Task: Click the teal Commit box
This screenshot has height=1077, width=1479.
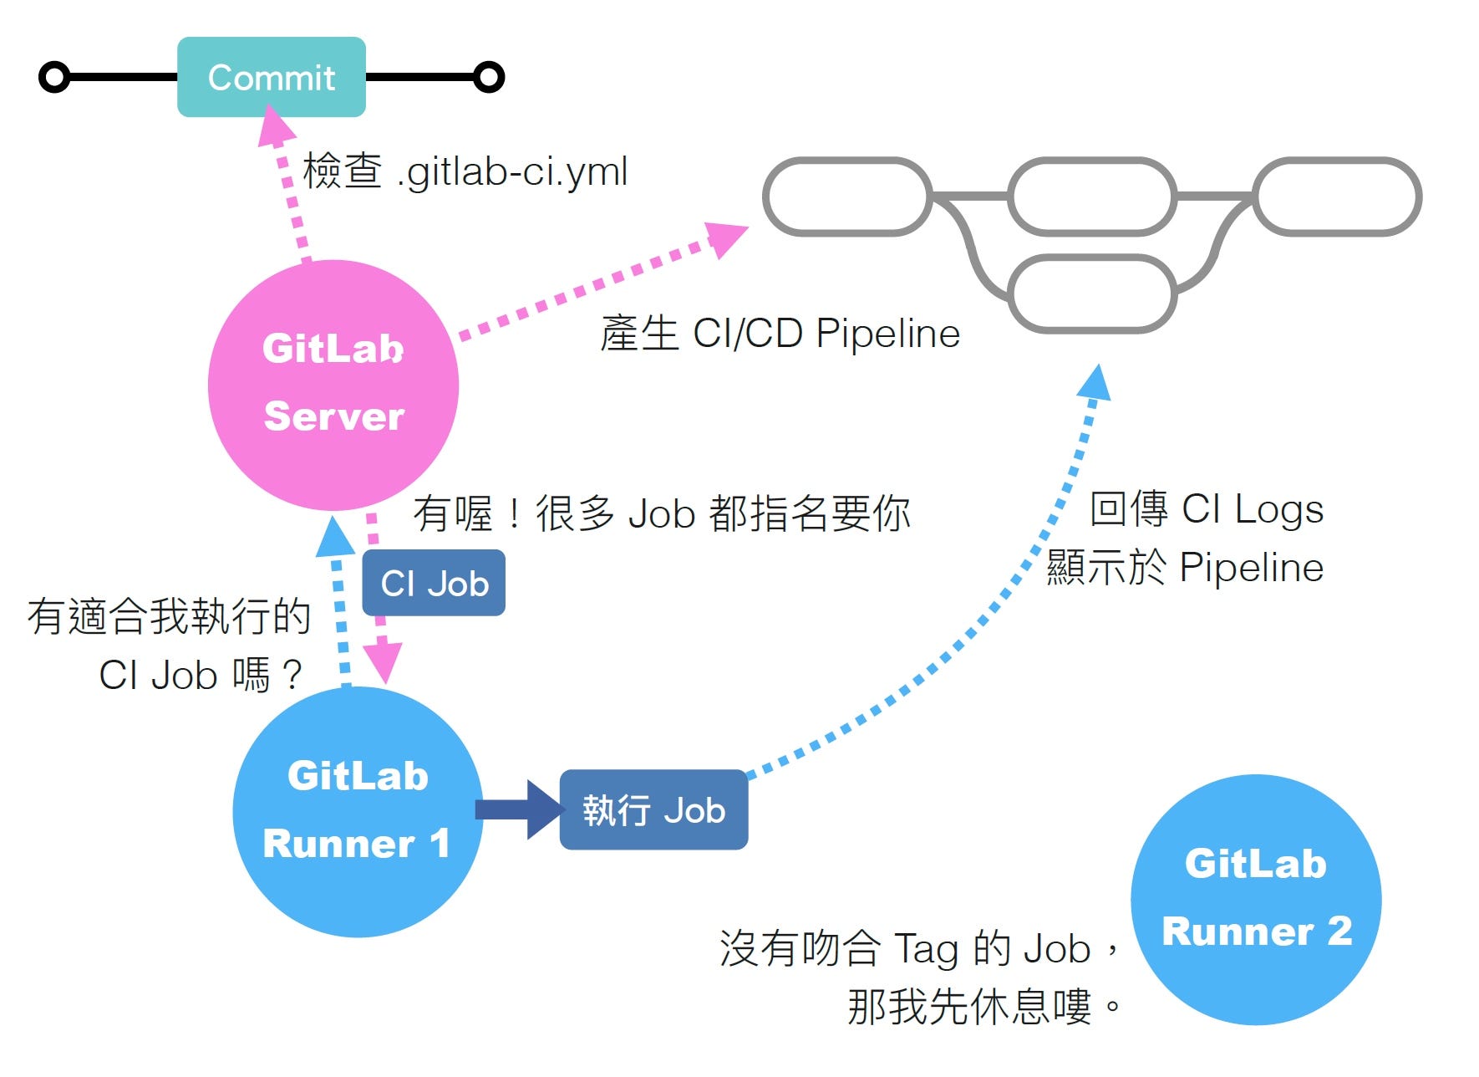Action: point(272,77)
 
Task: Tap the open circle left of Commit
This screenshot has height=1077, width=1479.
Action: point(54,78)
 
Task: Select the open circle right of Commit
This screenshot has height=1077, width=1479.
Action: point(489,77)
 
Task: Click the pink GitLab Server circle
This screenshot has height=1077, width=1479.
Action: point(333,385)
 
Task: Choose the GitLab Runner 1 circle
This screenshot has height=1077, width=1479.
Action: point(358,811)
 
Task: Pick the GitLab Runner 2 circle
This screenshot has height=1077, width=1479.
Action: point(1256,900)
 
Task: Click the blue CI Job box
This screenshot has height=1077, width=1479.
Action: point(434,583)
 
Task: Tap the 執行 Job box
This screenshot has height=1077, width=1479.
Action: point(653,809)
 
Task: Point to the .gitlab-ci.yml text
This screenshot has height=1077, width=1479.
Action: point(512,172)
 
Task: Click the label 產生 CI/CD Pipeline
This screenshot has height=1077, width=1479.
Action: point(780,333)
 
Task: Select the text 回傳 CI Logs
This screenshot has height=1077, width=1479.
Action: point(1207,509)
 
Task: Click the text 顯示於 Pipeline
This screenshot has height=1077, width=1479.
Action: point(1185,567)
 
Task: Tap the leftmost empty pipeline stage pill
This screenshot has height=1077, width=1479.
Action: point(847,197)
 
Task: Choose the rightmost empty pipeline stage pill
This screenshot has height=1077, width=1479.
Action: point(1337,197)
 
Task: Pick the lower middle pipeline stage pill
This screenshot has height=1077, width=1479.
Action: point(1093,293)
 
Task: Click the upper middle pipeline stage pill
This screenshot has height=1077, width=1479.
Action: point(1093,197)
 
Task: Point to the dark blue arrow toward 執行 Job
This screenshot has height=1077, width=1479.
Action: point(519,809)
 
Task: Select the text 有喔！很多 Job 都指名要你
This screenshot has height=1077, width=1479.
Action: point(662,513)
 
